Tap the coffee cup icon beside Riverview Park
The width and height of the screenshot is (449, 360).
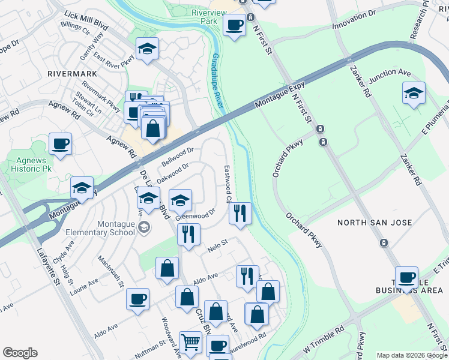point(234,25)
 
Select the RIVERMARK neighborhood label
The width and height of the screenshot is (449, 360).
point(71,73)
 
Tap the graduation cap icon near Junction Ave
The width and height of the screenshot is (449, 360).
point(413,93)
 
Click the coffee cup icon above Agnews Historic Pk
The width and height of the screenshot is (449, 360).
point(60,144)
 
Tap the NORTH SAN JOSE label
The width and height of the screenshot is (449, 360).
point(375,223)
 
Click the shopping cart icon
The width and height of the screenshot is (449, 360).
point(191,342)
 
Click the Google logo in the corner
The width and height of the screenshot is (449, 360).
point(20,353)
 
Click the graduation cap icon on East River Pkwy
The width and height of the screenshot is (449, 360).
point(147,50)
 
